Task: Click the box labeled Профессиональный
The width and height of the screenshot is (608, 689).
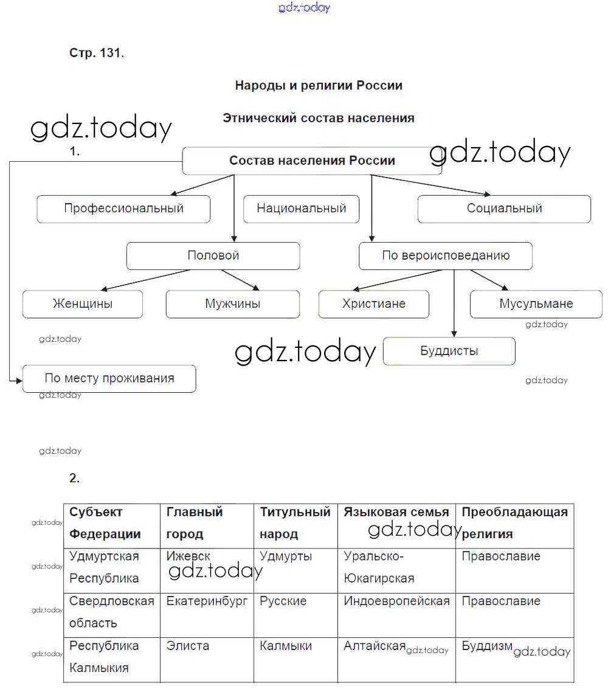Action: tap(123, 209)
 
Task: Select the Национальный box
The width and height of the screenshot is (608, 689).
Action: tap(301, 209)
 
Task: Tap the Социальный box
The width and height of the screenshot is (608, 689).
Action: tap(504, 209)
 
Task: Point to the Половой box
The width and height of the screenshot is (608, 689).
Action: tap(213, 256)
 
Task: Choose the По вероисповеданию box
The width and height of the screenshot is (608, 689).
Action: tap(445, 256)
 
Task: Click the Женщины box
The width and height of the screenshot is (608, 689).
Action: tap(83, 304)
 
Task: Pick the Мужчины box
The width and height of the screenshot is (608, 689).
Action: tap(232, 304)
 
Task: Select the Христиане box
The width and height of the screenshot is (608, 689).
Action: tap(373, 304)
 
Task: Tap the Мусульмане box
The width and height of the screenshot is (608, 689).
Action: tap(536, 304)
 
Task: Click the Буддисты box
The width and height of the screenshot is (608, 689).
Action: tap(449, 351)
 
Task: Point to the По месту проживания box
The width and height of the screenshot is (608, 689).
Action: tap(109, 378)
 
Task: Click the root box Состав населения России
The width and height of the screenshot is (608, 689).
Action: tap(312, 161)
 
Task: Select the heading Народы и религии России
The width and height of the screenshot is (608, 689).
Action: tap(319, 86)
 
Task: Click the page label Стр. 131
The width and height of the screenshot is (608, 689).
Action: tap(97, 53)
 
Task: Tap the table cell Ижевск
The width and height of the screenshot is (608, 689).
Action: tap(188, 556)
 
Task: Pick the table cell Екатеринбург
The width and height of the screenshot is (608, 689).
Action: tap(207, 601)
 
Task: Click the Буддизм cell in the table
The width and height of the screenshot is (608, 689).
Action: tap(487, 646)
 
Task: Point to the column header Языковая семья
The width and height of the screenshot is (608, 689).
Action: tap(396, 512)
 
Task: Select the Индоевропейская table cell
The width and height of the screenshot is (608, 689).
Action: tap(396, 601)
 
